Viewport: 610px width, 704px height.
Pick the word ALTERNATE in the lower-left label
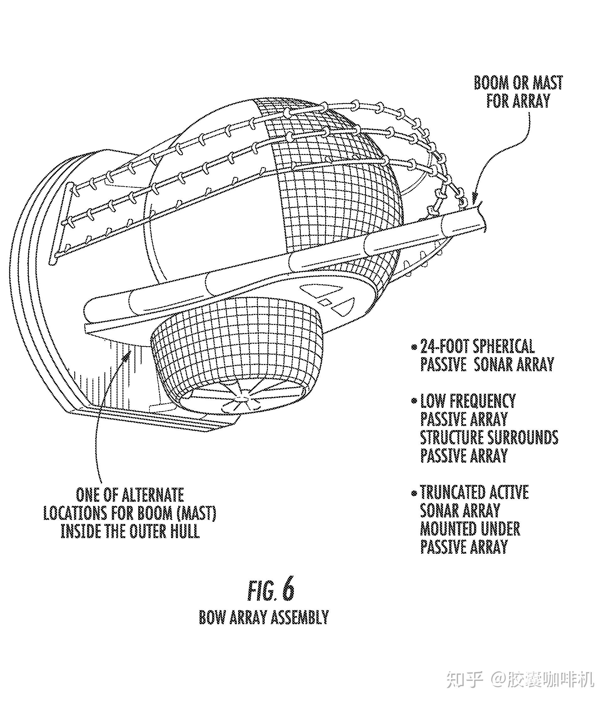click(x=153, y=495)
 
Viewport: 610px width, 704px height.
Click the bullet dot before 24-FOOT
click(x=414, y=347)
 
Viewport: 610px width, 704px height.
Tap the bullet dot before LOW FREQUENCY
click(x=414, y=401)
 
